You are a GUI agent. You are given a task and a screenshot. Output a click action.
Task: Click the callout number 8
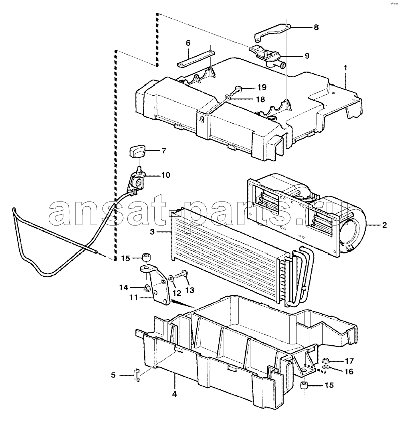(x=316, y=27)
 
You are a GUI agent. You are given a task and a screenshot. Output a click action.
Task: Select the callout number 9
(x=307, y=56)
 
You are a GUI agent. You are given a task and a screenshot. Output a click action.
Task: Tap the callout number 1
(x=345, y=68)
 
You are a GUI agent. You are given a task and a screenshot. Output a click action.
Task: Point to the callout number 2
(x=385, y=225)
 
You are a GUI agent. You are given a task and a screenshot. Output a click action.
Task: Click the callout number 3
(x=152, y=232)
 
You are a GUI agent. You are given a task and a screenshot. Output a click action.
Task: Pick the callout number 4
(x=175, y=394)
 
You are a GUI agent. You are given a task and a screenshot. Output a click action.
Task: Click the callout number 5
(x=113, y=375)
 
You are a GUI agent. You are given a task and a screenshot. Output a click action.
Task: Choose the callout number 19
(x=262, y=87)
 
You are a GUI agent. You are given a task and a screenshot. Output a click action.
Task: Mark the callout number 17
(x=349, y=361)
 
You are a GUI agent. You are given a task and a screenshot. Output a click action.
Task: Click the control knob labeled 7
(x=137, y=153)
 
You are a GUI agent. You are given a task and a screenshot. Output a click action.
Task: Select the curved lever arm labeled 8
(x=272, y=32)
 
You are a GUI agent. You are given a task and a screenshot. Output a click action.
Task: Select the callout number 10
(x=166, y=175)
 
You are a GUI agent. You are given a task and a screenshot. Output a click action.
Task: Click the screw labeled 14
(x=148, y=288)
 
